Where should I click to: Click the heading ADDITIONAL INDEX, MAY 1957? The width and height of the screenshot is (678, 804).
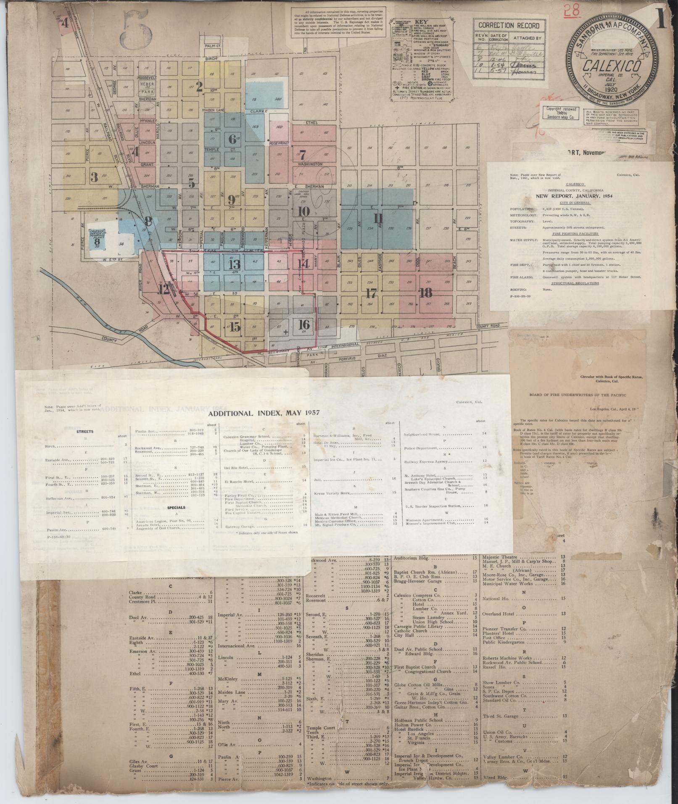pyautogui.click(x=264, y=413)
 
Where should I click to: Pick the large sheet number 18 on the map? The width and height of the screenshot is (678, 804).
pyautogui.click(x=426, y=293)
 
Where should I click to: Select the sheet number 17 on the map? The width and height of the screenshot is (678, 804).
pyautogui.click(x=371, y=293)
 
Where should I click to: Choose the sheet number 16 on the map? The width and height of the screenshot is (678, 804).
pyautogui.click(x=303, y=324)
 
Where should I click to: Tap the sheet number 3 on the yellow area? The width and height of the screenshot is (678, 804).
pyautogui.click(x=94, y=177)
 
